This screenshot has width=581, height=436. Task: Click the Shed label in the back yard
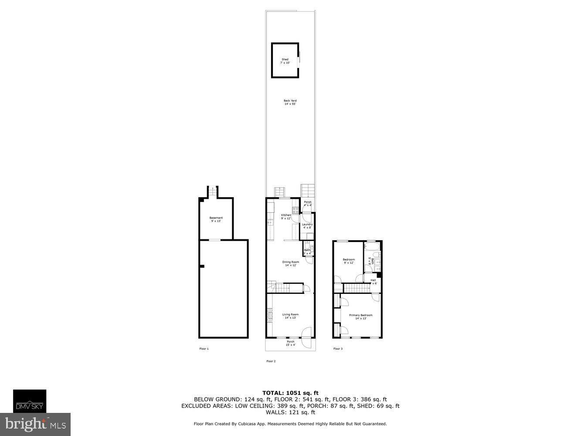coord(285,61)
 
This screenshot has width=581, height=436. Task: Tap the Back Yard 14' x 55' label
coord(290,102)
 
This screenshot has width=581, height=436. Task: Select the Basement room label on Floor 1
coord(216,219)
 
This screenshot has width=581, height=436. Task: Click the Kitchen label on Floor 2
coord(286,217)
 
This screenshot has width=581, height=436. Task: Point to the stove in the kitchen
coord(296,210)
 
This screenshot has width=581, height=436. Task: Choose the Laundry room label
coord(307,226)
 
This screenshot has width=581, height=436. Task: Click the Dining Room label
coord(290,263)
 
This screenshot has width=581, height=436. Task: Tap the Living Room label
coord(290,316)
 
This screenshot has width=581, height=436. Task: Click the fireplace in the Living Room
coord(270,315)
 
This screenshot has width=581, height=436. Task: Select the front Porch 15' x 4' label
coord(290,343)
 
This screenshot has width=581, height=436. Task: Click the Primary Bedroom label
coord(360,317)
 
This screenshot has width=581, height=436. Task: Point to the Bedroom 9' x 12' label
coord(349,261)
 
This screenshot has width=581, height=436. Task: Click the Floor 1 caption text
coord(204,349)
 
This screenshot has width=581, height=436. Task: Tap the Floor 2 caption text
coord(271,361)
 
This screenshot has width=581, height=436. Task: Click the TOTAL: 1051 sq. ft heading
coord(290,393)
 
